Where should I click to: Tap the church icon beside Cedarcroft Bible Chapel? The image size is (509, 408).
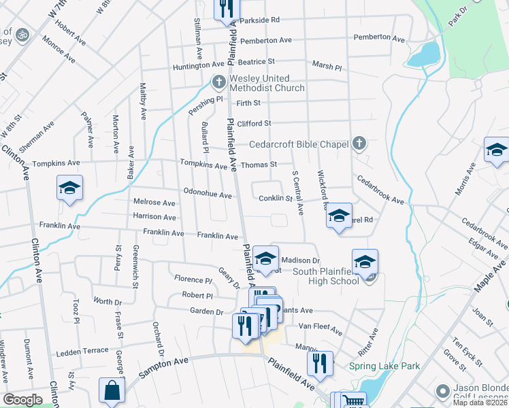tap(360, 143)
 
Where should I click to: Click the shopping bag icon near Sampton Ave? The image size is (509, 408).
tap(112, 391)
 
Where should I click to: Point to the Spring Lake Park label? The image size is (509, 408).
tap(384, 366)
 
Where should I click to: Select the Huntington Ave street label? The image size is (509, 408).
tap(199, 66)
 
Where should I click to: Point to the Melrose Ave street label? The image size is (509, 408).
tap(154, 203)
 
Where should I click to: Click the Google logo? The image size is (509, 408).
tap(22, 400)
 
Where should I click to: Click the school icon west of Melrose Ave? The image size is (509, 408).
tap(69, 188)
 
